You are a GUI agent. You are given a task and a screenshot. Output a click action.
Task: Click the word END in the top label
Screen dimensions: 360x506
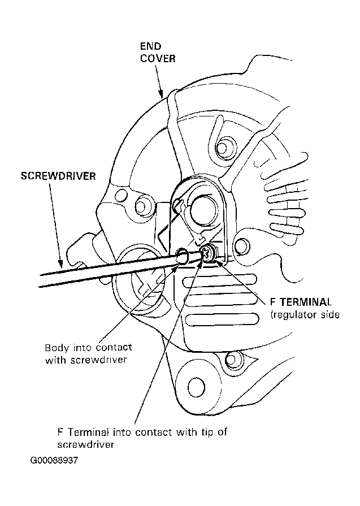(x=150, y=46)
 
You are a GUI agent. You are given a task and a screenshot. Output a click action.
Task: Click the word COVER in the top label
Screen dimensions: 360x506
(x=158, y=59)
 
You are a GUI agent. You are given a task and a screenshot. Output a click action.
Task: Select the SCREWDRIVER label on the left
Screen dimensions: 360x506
(x=58, y=176)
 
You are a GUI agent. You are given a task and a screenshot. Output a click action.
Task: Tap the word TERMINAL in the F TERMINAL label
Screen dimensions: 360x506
(x=306, y=302)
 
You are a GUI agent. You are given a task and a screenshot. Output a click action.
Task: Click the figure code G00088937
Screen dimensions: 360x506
(x=54, y=460)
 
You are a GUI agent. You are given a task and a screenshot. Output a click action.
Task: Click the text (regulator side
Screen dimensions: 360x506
(x=305, y=315)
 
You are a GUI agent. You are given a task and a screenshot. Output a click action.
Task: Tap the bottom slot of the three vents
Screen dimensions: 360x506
(x=223, y=319)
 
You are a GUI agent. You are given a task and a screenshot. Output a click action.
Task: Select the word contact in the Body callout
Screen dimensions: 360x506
(x=114, y=348)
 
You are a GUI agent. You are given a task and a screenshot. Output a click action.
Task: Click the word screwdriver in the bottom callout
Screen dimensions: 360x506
(x=86, y=445)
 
